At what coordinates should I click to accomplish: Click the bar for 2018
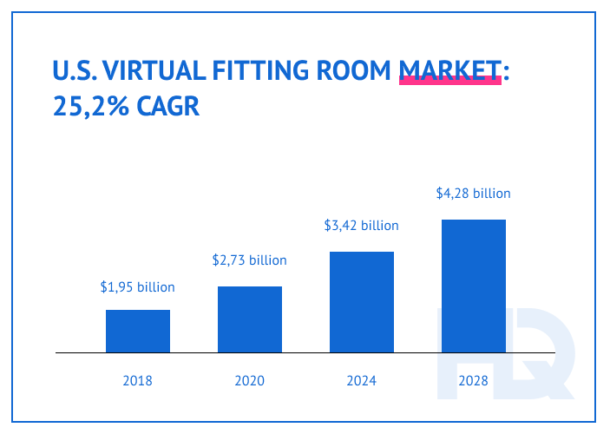pos(138,331)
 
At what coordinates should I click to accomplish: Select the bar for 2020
pos(250,319)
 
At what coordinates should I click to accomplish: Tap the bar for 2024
pos(362,302)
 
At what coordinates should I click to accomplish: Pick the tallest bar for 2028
pos(474,286)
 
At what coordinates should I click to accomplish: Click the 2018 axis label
pos(138,380)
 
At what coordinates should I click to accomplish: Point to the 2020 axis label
pos(250,380)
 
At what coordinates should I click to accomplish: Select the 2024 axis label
pos(362,380)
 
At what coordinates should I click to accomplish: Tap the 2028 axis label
pos(474,380)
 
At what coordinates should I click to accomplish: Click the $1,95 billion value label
pos(138,286)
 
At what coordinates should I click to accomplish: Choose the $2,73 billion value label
pos(250,260)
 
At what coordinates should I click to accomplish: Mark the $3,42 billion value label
pos(362,226)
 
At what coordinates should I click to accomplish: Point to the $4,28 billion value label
pos(474,193)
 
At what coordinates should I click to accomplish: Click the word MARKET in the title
pos(449,70)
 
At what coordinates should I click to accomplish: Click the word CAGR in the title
pos(166,108)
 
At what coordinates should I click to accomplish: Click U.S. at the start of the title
pos(74,70)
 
